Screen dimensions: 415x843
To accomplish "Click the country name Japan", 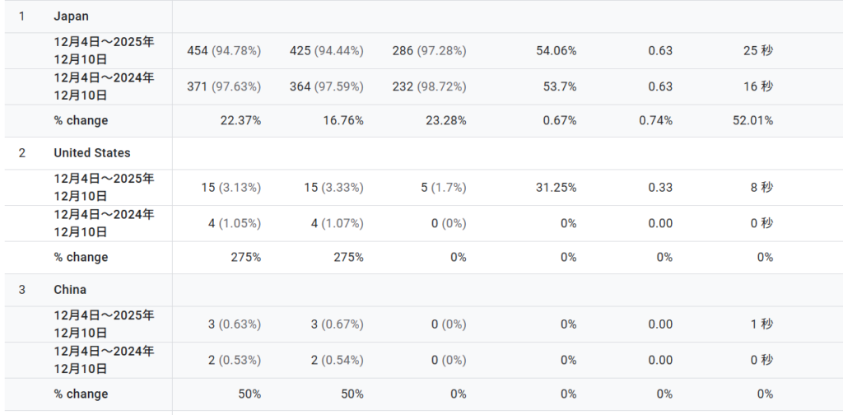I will pos(71,16).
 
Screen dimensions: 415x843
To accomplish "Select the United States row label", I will pos(91,153).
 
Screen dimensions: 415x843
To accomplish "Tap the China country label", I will pos(70,290).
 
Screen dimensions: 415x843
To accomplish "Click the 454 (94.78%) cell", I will pos(224,51).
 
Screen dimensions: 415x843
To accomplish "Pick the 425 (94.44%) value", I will pos(326,51).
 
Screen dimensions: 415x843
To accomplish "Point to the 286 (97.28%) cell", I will pos(429,51).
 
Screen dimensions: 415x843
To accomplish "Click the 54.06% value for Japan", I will pos(556,51).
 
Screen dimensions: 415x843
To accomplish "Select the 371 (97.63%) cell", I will pos(224,86).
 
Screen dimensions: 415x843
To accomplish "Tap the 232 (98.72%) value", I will pos(429,86).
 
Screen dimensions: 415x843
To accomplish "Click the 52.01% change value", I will pos(752,120).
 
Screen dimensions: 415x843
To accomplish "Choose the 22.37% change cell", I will pos(241,120).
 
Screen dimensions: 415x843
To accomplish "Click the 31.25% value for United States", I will pos(556,188).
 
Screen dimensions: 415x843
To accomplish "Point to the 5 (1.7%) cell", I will pos(444,188).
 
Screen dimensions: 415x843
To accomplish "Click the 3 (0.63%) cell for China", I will pos(235,324).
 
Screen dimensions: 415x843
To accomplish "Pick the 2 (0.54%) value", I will pos(338,360).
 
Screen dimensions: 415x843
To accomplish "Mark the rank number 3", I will pos(22,290).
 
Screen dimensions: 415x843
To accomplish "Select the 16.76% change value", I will pos(343,120).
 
